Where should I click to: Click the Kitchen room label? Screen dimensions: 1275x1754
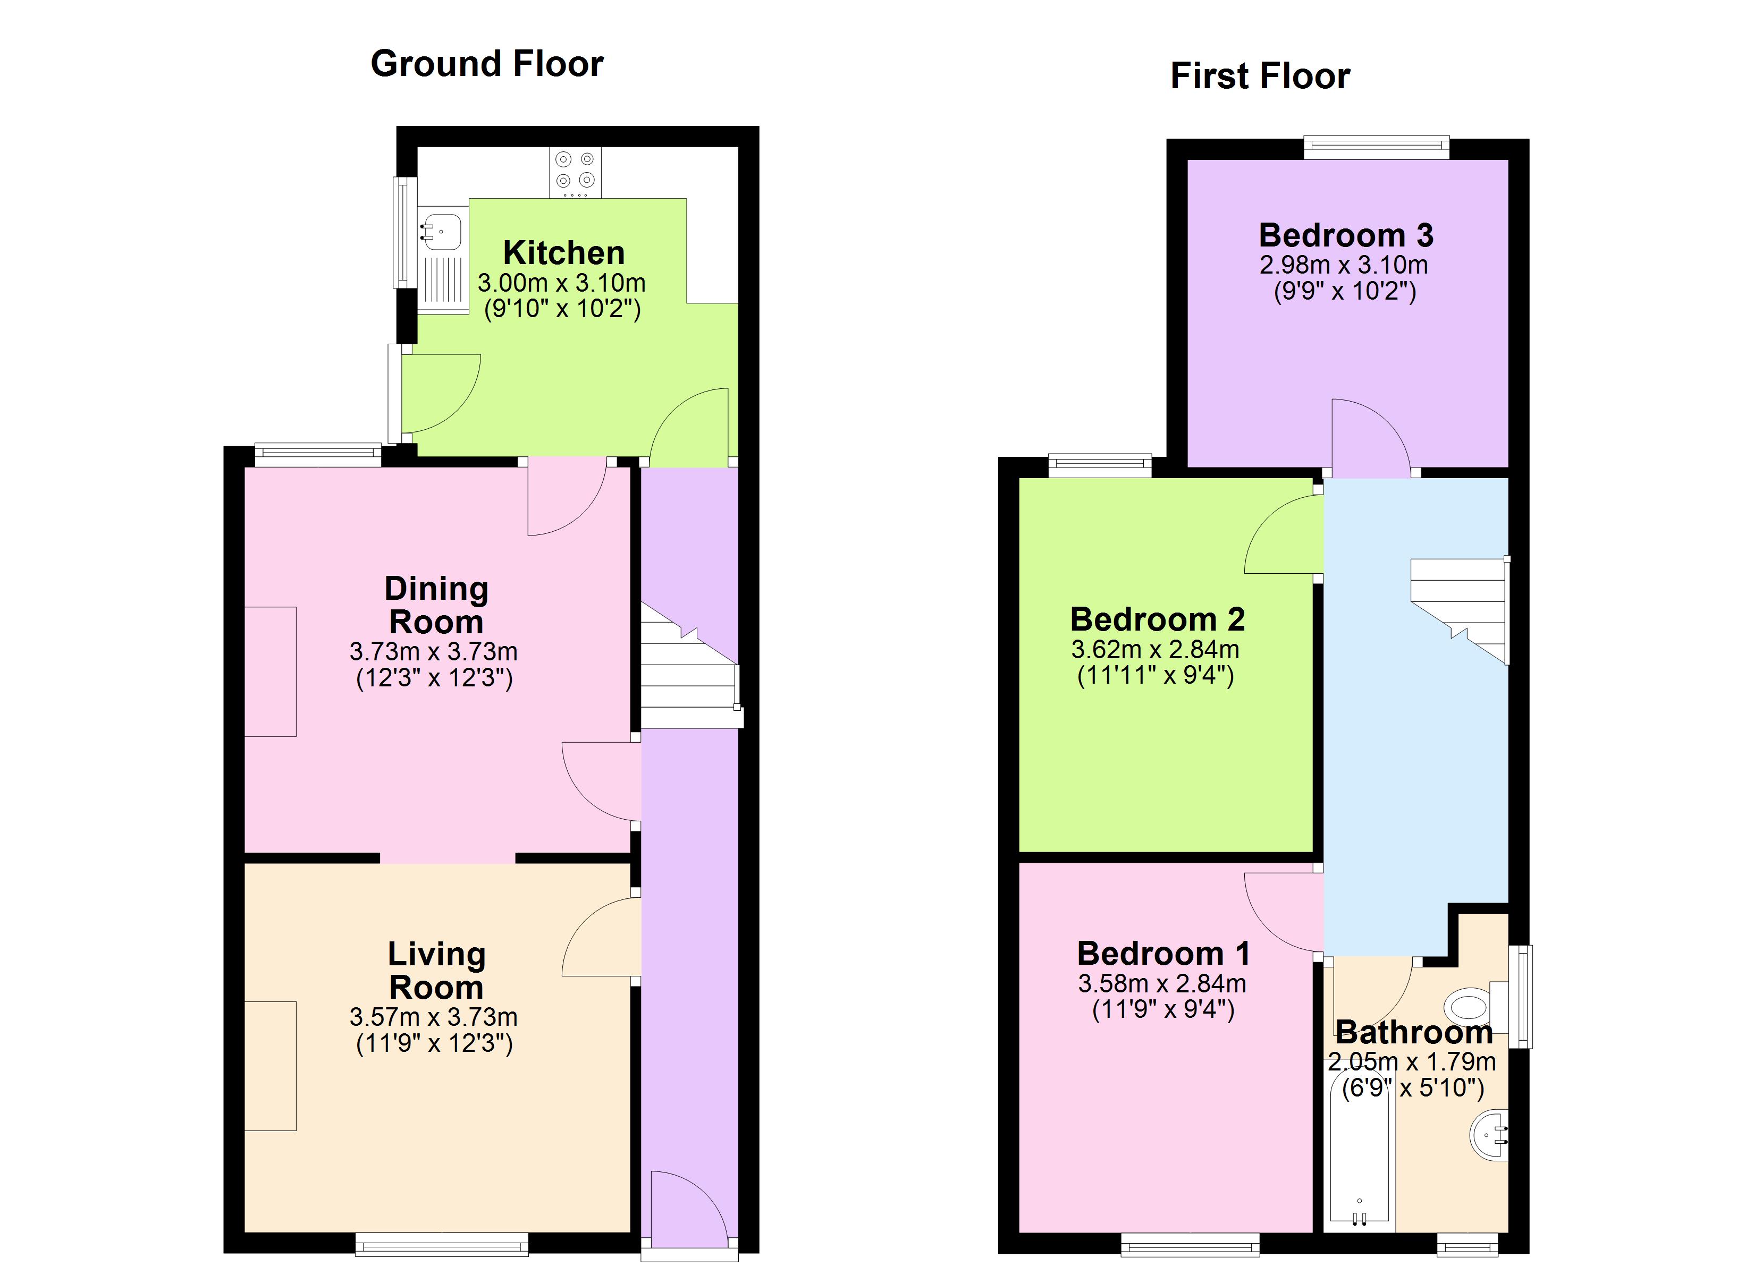(564, 253)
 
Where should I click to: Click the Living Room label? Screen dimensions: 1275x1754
(436, 971)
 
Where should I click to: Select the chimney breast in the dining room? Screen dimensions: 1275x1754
(271, 671)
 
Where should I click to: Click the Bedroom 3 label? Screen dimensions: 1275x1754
(1346, 235)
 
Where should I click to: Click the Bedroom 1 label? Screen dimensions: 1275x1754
(1163, 954)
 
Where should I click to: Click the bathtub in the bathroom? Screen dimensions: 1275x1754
(1359, 1160)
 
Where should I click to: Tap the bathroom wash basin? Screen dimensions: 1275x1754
(1489, 1135)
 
